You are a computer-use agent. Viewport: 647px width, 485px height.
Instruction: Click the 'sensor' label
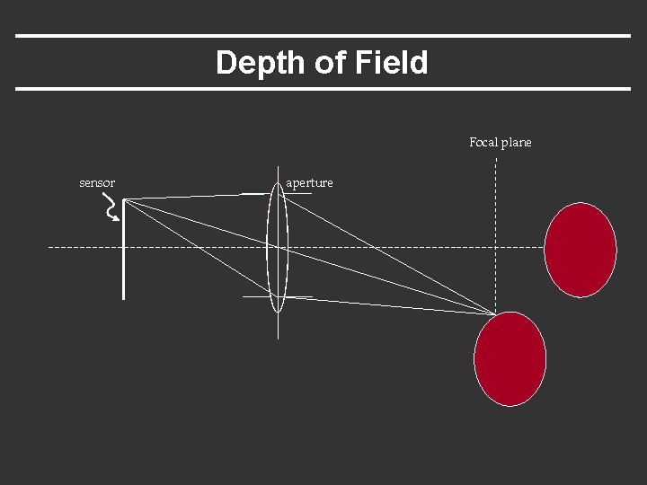pyautogui.click(x=97, y=183)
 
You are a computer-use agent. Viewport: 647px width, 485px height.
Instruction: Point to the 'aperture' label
pyautogui.click(x=309, y=183)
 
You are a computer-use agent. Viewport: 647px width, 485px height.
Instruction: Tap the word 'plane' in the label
pyautogui.click(x=517, y=143)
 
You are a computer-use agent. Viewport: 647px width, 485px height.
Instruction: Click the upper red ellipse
pyautogui.click(x=581, y=250)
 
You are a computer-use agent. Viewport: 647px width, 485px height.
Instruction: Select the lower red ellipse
pyautogui.click(x=510, y=358)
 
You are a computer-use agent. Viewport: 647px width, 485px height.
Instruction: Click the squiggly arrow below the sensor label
pyautogui.click(x=111, y=209)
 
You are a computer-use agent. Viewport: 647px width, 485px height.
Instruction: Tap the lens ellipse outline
pyautogui.click(x=269, y=246)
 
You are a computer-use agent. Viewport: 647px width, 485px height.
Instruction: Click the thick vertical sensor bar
pyautogui.click(x=123, y=260)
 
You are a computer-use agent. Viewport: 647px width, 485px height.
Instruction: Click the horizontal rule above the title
pyautogui.click(x=323, y=36)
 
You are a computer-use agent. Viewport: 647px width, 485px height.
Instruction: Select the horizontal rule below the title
pyautogui.click(x=323, y=88)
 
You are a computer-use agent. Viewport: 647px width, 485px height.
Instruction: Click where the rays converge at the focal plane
pyautogui.click(x=495, y=313)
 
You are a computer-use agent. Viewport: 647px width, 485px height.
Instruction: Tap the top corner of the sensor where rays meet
pyautogui.click(x=124, y=200)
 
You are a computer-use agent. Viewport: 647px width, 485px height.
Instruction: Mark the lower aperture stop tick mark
pyautogui.click(x=261, y=296)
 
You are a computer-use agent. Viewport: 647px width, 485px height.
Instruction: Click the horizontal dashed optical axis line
pyautogui.click(x=180, y=246)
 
